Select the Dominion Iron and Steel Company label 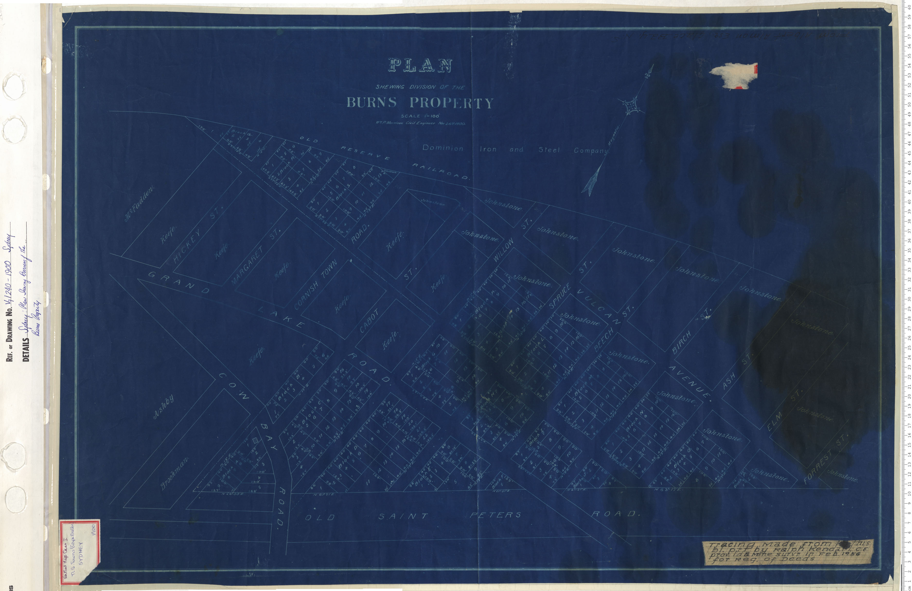[x=515, y=149]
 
